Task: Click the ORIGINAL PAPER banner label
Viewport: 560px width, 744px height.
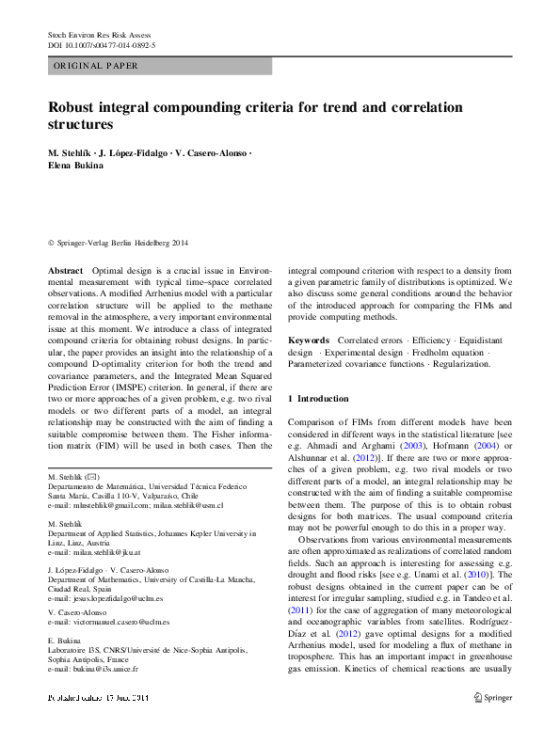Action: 96,66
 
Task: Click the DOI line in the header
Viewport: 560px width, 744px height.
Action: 102,44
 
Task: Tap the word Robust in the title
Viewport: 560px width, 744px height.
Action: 76,106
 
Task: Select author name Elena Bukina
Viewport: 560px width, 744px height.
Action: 77,166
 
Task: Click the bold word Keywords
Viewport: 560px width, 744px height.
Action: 309,340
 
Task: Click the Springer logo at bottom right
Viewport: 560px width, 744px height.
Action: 494,698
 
